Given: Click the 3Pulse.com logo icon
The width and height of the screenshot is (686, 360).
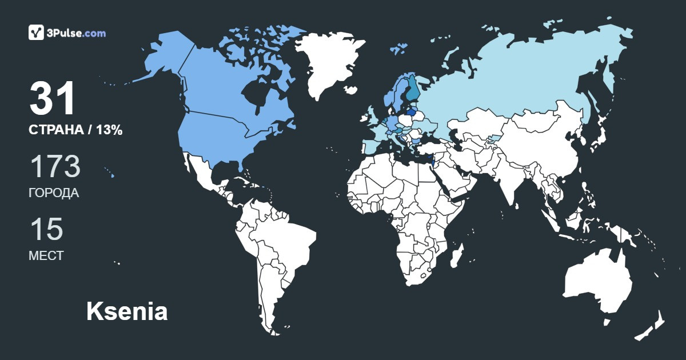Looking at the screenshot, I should [x=37, y=33].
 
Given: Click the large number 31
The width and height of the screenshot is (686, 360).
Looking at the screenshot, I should [x=53, y=99].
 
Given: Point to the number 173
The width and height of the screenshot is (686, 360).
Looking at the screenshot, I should [x=55, y=167].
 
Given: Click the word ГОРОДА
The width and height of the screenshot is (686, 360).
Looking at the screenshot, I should [x=54, y=193].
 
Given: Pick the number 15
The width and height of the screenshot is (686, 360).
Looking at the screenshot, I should [x=46, y=229].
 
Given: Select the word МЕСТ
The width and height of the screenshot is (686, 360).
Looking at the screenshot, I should [x=46, y=255].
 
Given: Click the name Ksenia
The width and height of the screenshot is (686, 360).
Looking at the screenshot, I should [x=127, y=312].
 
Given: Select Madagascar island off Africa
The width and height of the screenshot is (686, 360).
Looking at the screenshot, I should [x=456, y=257].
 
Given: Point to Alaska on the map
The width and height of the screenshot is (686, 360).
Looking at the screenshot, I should [x=166, y=57].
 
